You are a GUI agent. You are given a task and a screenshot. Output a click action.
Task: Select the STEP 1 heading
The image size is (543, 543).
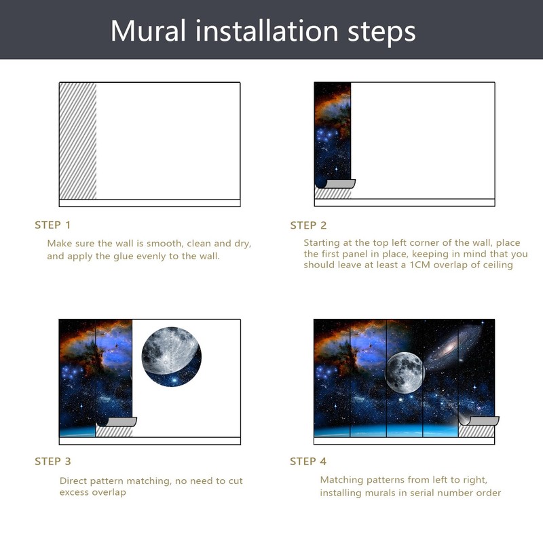(x=53, y=225)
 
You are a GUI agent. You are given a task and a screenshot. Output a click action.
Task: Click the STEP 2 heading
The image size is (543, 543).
(x=308, y=225)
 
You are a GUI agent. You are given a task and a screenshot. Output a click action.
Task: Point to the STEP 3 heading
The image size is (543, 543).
(x=53, y=462)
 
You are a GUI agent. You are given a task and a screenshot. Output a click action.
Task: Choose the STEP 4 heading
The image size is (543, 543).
(x=308, y=462)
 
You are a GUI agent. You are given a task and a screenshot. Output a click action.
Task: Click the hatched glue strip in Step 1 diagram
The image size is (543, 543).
(x=77, y=141)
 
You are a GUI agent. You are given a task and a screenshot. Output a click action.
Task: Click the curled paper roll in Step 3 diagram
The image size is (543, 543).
(x=117, y=422)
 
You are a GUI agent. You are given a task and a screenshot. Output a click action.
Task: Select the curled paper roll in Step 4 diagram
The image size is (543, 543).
(x=479, y=420)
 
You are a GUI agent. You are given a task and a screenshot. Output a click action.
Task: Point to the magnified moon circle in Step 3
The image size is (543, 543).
(x=171, y=356)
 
